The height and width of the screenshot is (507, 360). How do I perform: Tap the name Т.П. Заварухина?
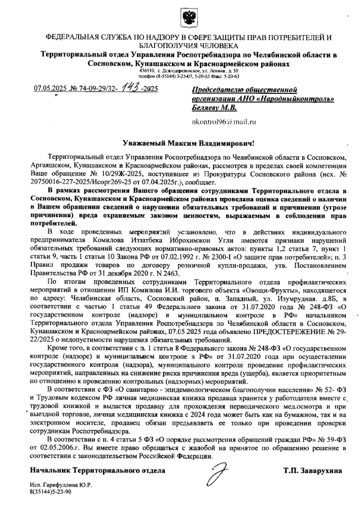[313, 470]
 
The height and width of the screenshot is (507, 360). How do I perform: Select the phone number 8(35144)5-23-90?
[51, 493]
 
